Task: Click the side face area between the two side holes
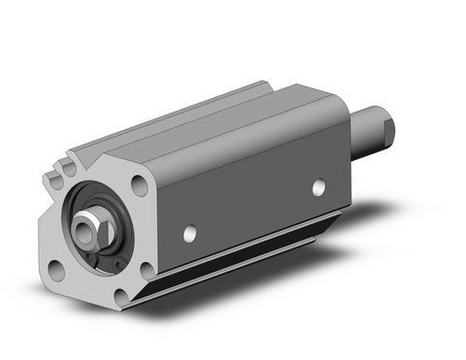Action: pos(252,211)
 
